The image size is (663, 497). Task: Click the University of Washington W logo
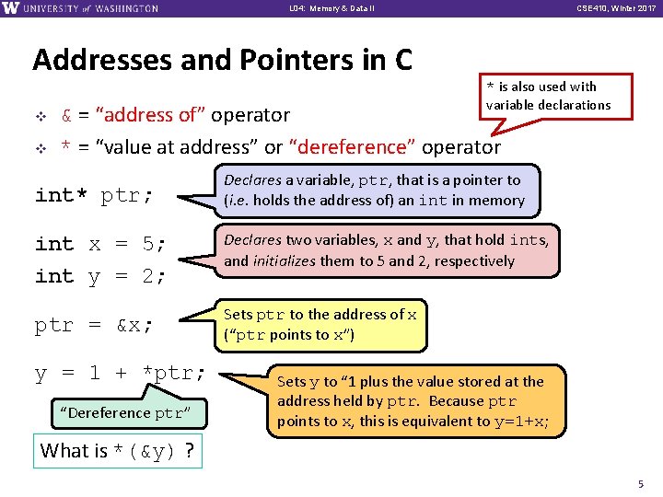click(11, 8)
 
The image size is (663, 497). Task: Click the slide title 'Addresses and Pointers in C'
click(222, 60)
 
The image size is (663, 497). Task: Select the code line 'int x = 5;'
click(100, 244)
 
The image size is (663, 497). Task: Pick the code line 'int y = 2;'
click(100, 275)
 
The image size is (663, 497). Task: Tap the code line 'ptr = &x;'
click(94, 325)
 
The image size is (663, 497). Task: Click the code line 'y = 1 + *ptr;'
click(121, 373)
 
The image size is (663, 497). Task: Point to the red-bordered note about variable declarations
click(548, 96)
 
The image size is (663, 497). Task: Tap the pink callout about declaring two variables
click(387, 250)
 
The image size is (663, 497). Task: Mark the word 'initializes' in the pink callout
click(289, 261)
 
